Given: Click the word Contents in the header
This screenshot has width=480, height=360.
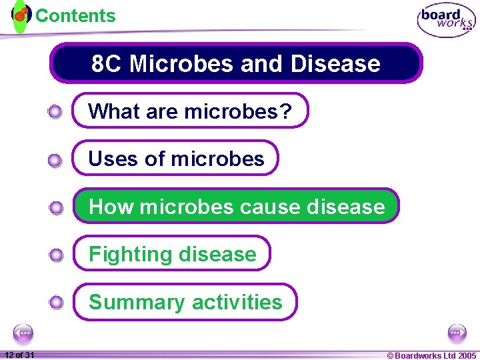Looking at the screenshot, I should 75,15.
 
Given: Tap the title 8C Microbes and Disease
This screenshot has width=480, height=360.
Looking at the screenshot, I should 236,63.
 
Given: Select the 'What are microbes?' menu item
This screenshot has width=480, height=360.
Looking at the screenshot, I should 190,111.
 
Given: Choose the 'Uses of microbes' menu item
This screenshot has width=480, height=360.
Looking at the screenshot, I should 176,159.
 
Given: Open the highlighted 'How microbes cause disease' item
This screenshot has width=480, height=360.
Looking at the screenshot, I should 236,206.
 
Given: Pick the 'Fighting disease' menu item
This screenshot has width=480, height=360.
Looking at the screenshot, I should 172,254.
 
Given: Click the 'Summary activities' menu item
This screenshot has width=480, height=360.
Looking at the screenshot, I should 185,302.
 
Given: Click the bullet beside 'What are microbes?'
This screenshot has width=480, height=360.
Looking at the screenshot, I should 56,111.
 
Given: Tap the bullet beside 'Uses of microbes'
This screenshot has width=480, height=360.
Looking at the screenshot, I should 56,159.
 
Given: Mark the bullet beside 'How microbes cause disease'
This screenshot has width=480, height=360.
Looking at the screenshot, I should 56,207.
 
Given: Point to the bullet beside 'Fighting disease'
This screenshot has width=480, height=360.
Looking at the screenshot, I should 56,255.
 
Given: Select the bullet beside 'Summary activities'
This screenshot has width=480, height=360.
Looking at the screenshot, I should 56,303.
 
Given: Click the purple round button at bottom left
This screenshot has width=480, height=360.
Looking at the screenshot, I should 23,333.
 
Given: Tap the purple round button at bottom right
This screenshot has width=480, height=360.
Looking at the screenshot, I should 457,333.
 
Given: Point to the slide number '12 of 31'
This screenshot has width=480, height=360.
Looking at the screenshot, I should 19,355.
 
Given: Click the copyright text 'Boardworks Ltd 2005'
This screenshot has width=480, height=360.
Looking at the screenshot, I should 435,355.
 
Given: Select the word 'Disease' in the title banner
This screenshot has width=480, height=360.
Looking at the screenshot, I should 339,63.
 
